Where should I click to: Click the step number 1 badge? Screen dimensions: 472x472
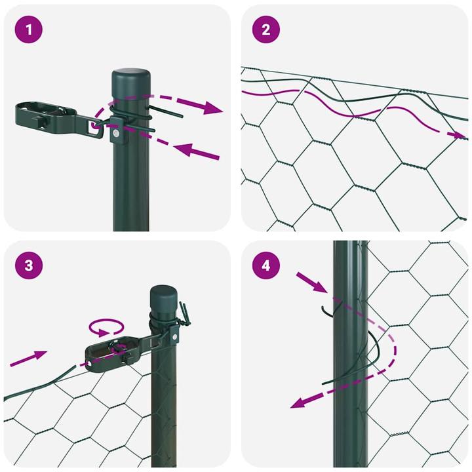tap(29, 29)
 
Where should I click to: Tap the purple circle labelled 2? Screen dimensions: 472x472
tap(266, 29)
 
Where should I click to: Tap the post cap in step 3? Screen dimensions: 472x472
tap(164, 299)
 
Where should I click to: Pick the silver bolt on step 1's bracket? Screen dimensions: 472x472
tap(115, 134)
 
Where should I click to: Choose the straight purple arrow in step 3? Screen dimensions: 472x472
tap(29, 358)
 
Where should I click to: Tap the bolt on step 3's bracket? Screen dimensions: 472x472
tap(176, 337)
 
